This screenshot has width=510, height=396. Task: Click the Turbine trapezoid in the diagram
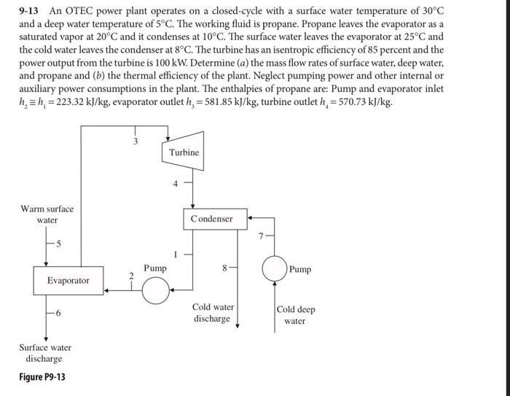[184, 152]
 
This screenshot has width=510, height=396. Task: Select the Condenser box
[212, 219]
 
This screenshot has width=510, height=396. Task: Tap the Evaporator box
[68, 280]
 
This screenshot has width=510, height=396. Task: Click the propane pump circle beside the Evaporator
[154, 291]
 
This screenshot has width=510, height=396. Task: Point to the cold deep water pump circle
[275, 269]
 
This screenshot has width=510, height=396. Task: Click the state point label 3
[135, 141]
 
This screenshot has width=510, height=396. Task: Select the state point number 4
[176, 184]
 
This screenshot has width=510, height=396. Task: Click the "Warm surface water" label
[47, 214]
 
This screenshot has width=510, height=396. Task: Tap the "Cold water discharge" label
[213, 313]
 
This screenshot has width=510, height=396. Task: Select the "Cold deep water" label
[295, 315]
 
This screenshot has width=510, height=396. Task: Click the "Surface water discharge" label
[45, 353]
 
